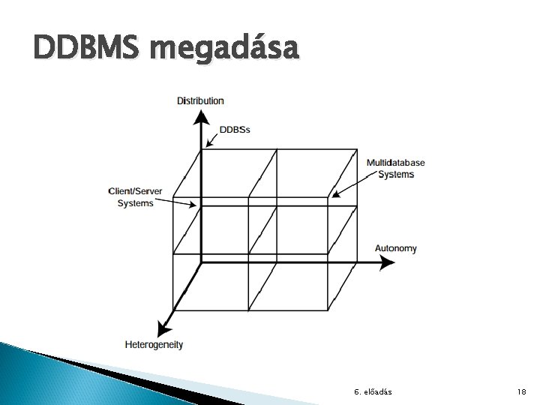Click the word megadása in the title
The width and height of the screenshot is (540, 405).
tap(225, 50)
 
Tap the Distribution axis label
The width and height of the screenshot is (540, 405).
tap(200, 100)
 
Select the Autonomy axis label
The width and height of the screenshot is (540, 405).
tap(396, 248)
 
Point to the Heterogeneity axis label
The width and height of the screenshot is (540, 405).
tap(154, 345)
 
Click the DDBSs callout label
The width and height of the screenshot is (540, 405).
tap(235, 129)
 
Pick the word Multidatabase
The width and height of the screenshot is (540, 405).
tap(395, 163)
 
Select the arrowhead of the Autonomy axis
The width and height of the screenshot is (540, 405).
tap(387, 262)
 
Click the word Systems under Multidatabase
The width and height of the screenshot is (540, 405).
tap(395, 174)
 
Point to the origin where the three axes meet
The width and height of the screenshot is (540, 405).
tap(201, 262)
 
